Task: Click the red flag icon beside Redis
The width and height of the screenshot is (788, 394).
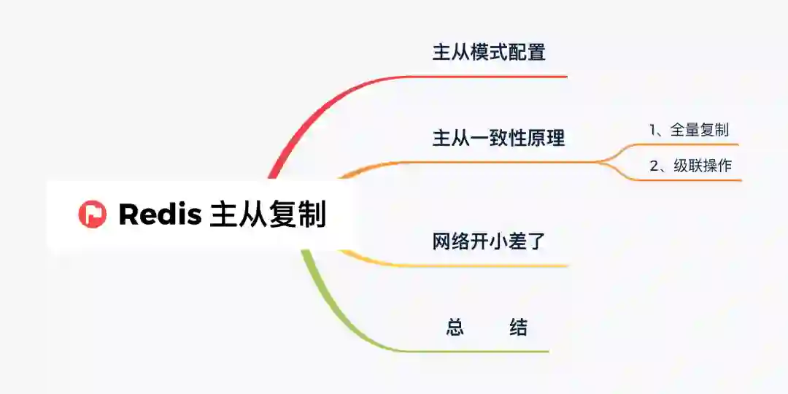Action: [x=93, y=215]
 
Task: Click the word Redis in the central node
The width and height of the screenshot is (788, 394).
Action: [x=160, y=215]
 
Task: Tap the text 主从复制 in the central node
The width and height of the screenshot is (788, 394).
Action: [x=268, y=215]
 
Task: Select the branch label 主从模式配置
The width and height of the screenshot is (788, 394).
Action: [x=489, y=53]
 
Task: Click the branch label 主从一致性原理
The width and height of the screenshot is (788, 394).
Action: [x=498, y=137]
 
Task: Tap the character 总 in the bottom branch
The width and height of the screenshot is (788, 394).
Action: [x=455, y=328]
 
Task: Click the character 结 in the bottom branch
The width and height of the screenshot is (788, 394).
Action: [x=518, y=328]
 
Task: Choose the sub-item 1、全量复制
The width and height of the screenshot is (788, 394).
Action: [x=689, y=130]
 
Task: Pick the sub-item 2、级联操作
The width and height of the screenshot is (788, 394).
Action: [x=690, y=166]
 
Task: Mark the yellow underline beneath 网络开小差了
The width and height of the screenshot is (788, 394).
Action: [x=496, y=266]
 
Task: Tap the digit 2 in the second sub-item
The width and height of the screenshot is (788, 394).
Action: [x=654, y=166]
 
